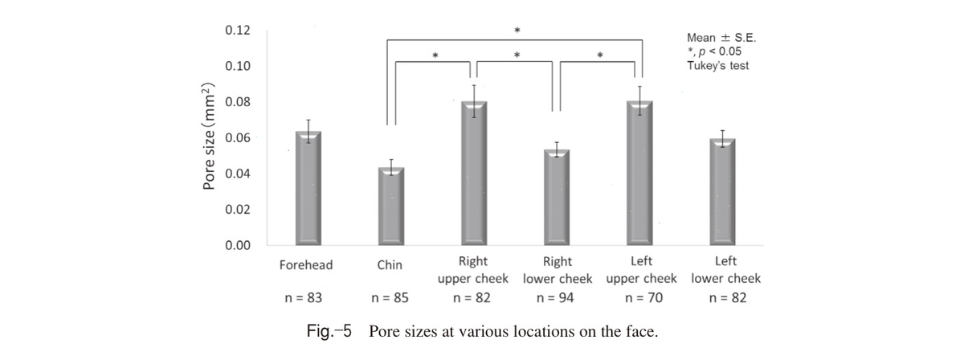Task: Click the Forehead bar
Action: click(x=308, y=188)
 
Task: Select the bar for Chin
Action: click(x=391, y=207)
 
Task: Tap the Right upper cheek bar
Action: click(x=474, y=173)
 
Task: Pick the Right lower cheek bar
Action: click(x=557, y=197)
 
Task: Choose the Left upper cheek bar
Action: click(x=639, y=173)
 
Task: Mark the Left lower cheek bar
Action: click(x=722, y=191)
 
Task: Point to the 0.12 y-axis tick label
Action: click(x=238, y=31)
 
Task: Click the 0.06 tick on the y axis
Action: click(x=238, y=137)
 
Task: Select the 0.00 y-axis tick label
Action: click(x=238, y=245)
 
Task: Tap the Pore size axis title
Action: click(x=209, y=136)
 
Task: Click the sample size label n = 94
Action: click(x=555, y=298)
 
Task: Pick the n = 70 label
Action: click(x=643, y=298)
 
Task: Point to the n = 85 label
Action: click(x=390, y=298)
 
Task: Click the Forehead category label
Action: click(x=306, y=265)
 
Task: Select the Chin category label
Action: click(x=390, y=265)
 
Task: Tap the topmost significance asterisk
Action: click(x=517, y=31)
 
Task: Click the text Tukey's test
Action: click(x=718, y=66)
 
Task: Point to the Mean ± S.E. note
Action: click(x=721, y=38)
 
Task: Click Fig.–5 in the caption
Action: click(x=329, y=331)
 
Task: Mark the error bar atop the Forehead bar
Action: click(x=308, y=131)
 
